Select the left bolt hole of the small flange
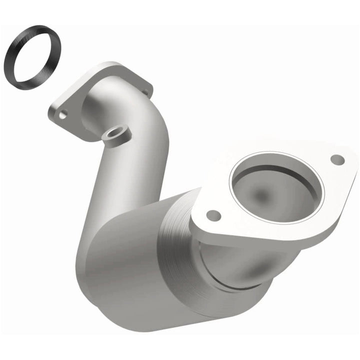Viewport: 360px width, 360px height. [x=62, y=114]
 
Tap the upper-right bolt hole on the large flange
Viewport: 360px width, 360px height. [x=337, y=159]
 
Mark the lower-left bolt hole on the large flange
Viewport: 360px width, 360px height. [x=213, y=215]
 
